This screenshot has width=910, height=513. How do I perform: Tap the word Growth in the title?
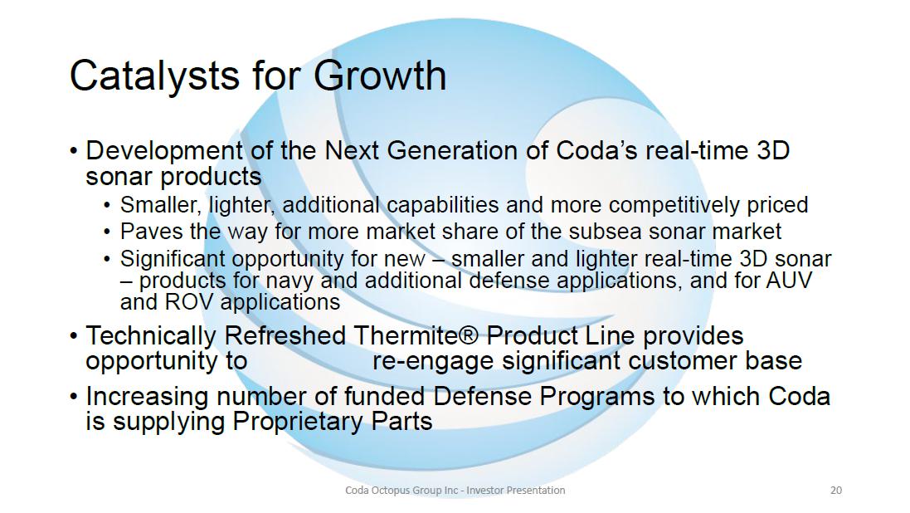pyautogui.click(x=380, y=76)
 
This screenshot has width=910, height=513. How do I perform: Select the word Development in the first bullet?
pyautogui.click(x=164, y=152)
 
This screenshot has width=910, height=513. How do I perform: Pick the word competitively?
pyautogui.click(x=674, y=206)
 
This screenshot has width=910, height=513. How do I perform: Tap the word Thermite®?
pyautogui.click(x=416, y=336)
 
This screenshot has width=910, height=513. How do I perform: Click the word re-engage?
pyautogui.click(x=433, y=361)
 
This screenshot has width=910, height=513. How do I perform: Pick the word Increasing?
pyautogui.click(x=148, y=398)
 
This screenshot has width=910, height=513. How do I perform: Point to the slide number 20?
pyautogui.click(x=835, y=491)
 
